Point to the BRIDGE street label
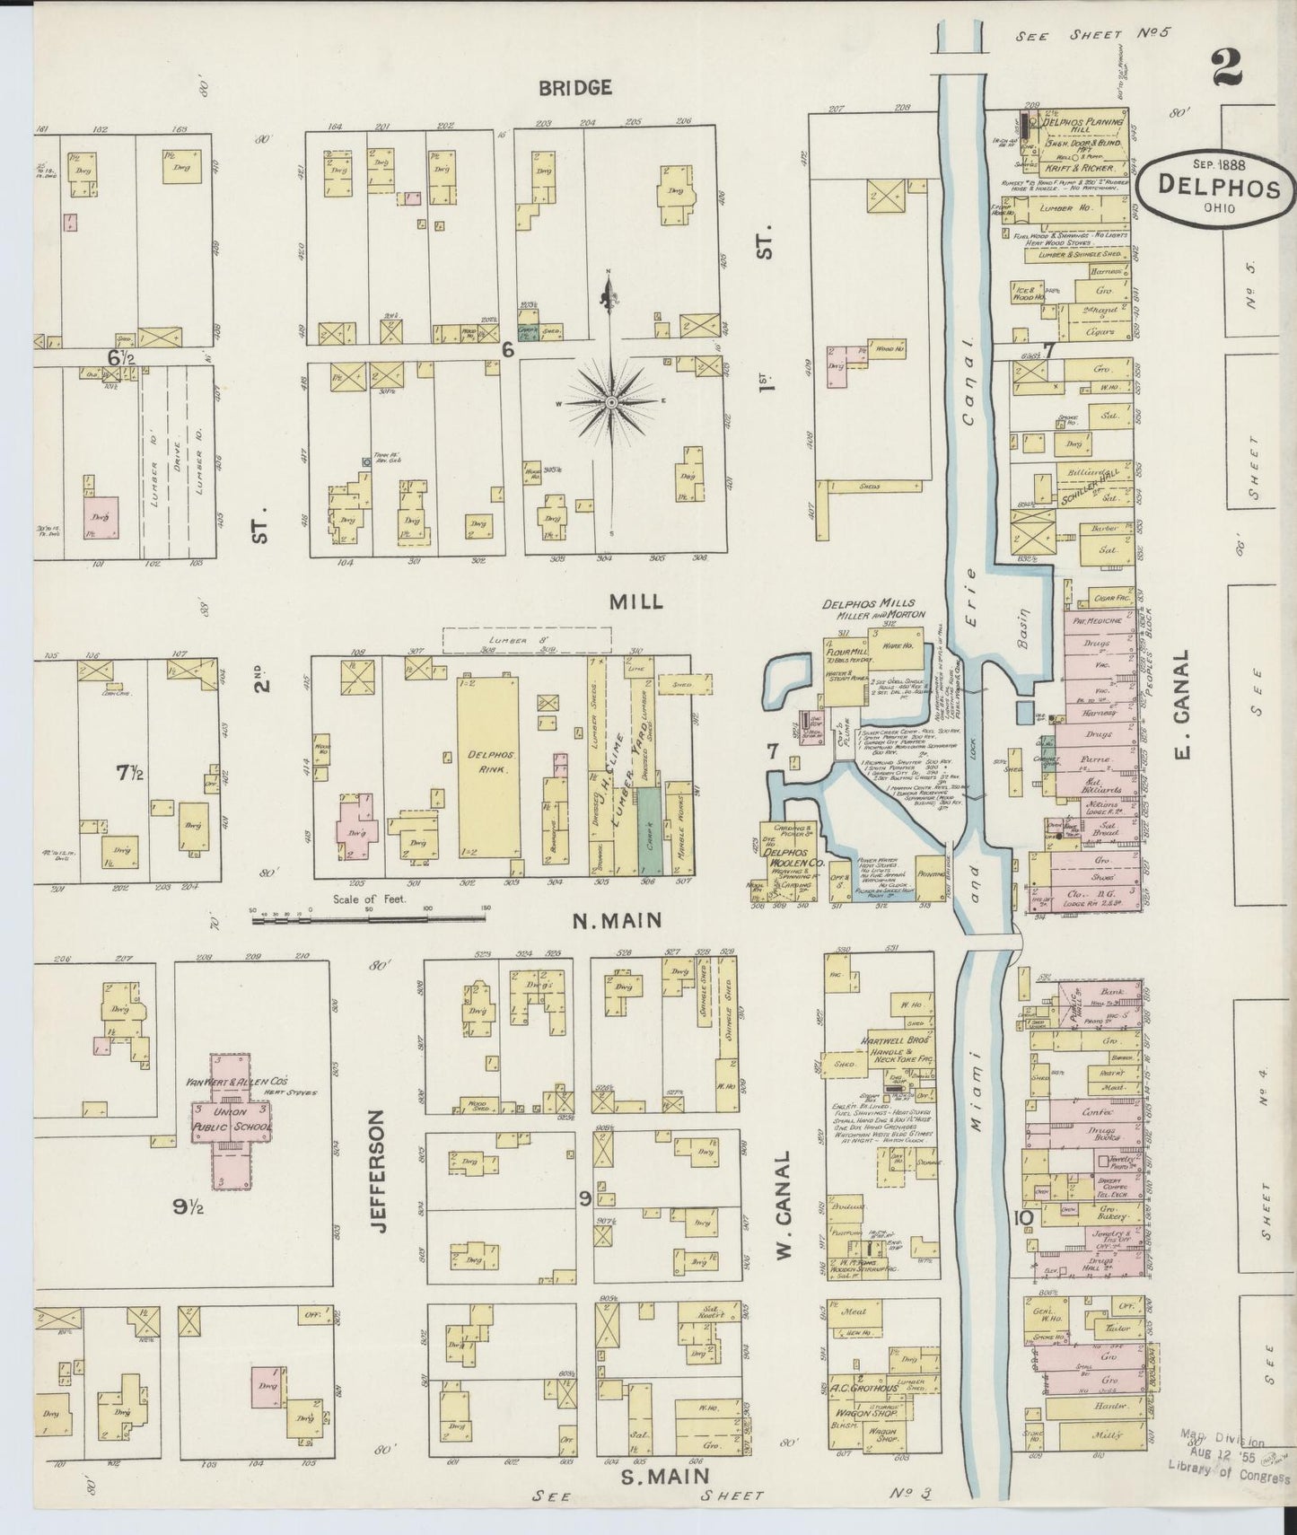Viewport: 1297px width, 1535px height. [x=575, y=87]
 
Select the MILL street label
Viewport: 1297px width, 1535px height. [x=636, y=601]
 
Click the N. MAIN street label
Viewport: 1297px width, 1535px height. [x=618, y=919]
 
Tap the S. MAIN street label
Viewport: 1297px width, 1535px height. [x=664, y=1475]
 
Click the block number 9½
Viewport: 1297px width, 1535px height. [x=189, y=1206]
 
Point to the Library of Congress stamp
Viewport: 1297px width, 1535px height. [x=1230, y=1478]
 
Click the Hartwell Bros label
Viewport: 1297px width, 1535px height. [x=887, y=1033]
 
